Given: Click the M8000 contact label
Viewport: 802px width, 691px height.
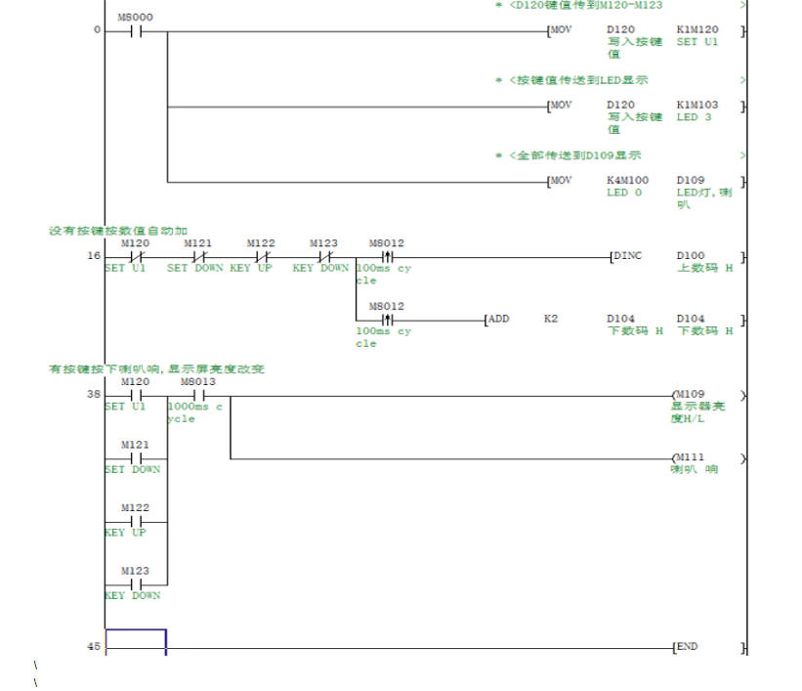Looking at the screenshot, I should pyautogui.click(x=135, y=18).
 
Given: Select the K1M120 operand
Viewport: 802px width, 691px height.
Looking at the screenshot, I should pyautogui.click(x=696, y=30).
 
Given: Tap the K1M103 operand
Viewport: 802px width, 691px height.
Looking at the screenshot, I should pyautogui.click(x=696, y=105).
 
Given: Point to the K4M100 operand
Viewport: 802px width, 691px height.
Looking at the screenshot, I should pyautogui.click(x=627, y=180).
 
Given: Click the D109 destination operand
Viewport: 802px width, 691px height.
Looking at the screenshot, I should pyautogui.click(x=690, y=180).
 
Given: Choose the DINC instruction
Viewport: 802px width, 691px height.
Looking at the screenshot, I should pyautogui.click(x=628, y=256).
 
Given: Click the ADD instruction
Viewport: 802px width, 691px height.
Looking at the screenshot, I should pyautogui.click(x=498, y=319).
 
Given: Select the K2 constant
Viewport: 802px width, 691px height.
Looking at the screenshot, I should pyautogui.click(x=551, y=319).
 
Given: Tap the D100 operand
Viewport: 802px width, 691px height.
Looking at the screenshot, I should pyautogui.click(x=690, y=256).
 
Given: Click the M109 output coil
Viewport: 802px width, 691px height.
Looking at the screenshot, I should pyautogui.click(x=688, y=395).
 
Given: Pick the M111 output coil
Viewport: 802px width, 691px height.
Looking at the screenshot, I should pyautogui.click(x=688, y=457).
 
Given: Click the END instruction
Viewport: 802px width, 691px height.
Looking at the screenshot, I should pyautogui.click(x=687, y=646).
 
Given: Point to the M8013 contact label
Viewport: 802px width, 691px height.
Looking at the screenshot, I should pyautogui.click(x=197, y=381).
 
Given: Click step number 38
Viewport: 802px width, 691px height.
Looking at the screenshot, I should pyautogui.click(x=94, y=395).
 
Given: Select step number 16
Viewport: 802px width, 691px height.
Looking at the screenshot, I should pyautogui.click(x=94, y=256).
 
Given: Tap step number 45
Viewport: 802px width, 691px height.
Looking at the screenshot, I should pyautogui.click(x=94, y=646).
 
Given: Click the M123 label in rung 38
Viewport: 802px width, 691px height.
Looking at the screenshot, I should pyautogui.click(x=135, y=570).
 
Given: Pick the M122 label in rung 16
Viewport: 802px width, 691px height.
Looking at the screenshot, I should pyautogui.click(x=261, y=243).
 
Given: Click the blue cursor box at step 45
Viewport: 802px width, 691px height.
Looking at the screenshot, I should pyautogui.click(x=136, y=641).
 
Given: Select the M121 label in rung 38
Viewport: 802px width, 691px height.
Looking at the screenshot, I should pyautogui.click(x=135, y=445).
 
